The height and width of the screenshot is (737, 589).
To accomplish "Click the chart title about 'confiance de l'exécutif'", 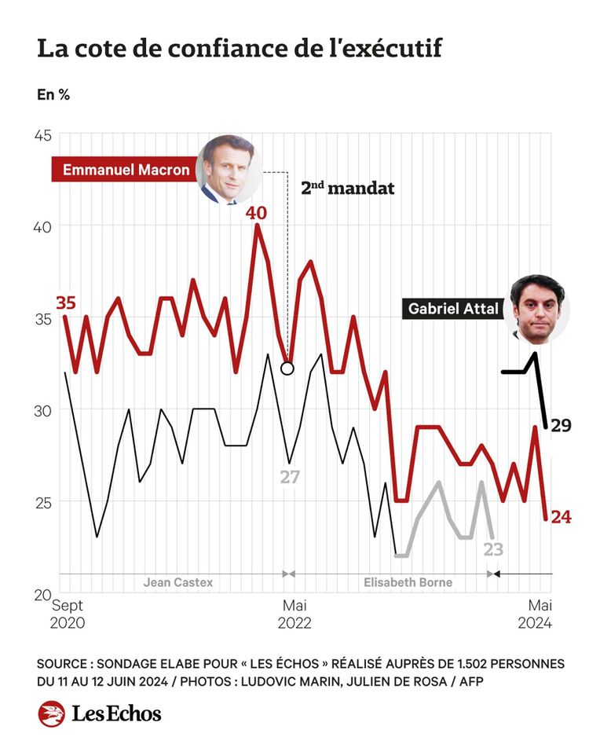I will point(240,49).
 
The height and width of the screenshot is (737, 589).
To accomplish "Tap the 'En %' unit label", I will point(53,95).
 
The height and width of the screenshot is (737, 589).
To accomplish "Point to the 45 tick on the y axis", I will point(42,135).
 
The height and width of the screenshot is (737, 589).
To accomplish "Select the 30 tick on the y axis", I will point(42,410).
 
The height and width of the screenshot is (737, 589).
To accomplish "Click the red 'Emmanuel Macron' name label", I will point(126,169).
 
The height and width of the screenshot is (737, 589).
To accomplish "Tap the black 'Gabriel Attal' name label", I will point(453,309).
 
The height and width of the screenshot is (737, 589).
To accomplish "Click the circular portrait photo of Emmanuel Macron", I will point(229,169).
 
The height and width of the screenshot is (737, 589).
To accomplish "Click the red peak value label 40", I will point(257,212).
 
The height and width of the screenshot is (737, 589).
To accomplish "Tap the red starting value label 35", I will point(66,303).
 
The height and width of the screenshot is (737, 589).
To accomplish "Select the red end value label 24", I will point(561,516).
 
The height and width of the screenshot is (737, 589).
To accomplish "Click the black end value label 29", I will point(561,427).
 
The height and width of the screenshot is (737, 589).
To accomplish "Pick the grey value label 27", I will point(290,477).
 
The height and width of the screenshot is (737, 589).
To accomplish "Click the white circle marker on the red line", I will point(287,368).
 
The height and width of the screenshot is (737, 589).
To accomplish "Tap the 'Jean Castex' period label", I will point(177,583).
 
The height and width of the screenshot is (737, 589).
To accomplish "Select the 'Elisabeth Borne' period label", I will point(408,583).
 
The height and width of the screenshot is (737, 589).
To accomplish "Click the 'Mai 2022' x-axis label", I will point(294,614).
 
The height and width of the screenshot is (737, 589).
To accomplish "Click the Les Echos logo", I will point(100,713).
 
